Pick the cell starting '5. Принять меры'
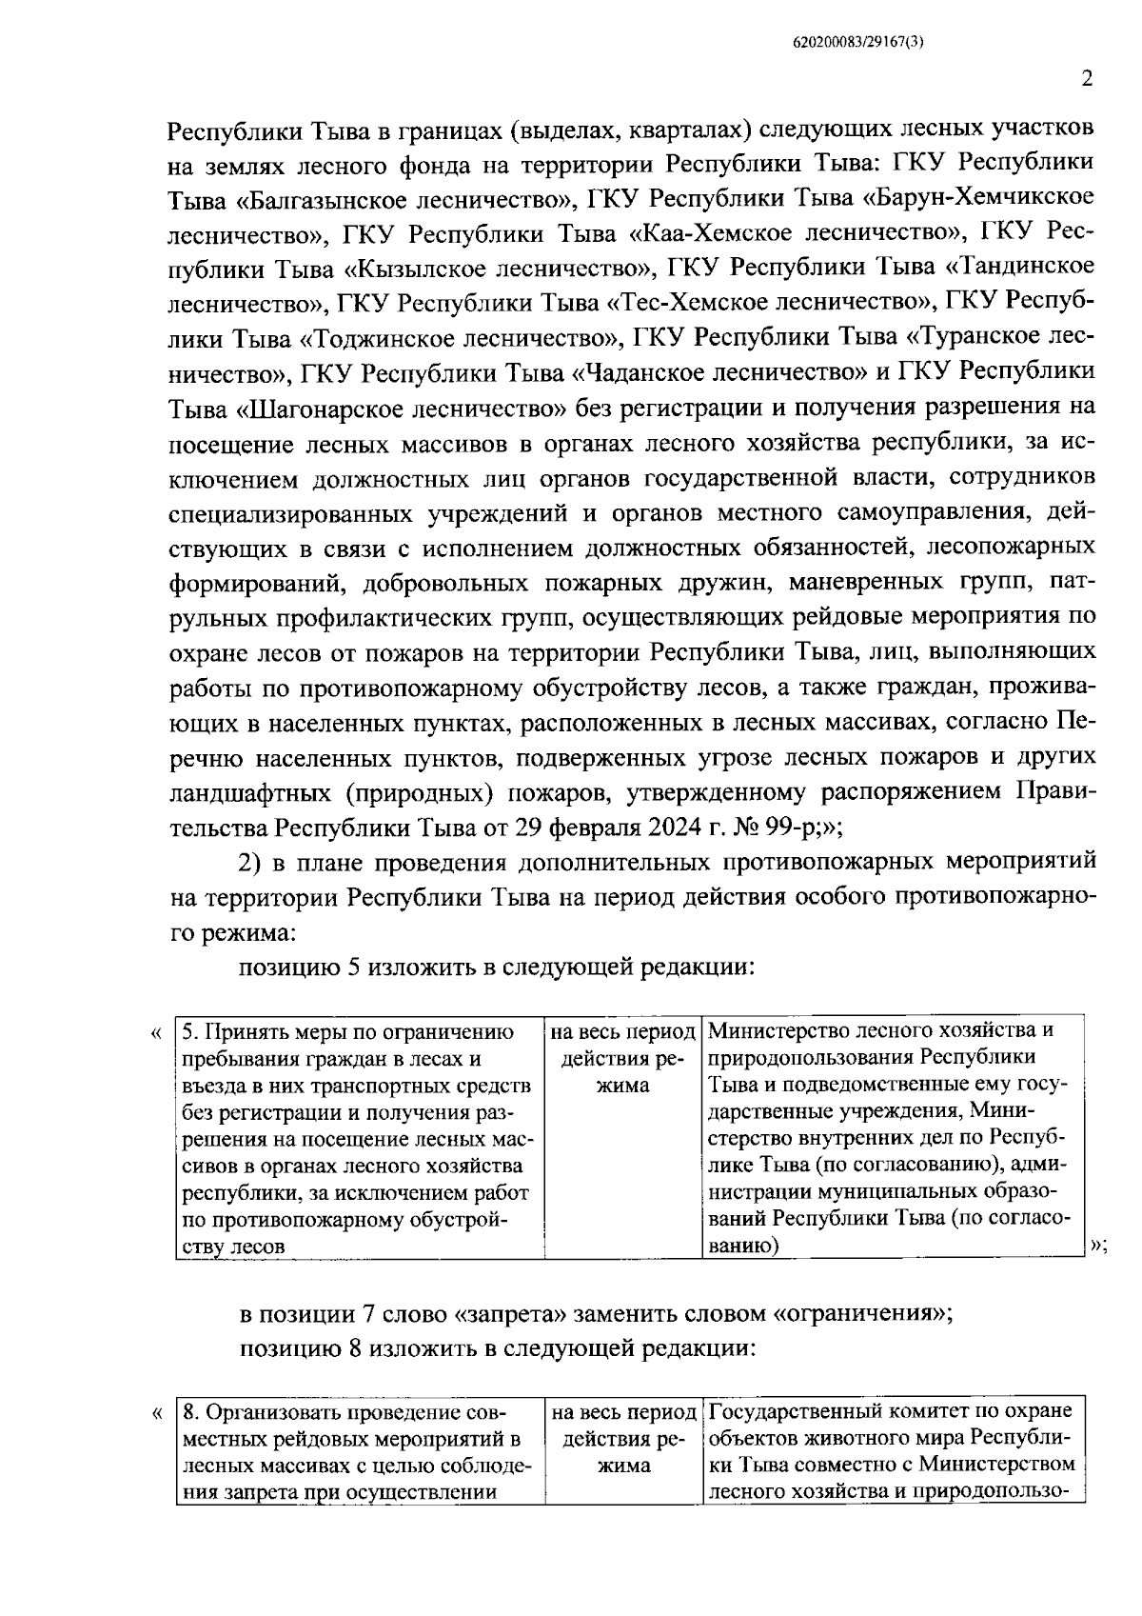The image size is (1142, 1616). tap(360, 1138)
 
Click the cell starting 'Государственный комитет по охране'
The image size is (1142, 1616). tap(894, 1449)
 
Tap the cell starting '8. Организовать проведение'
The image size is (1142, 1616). tap(360, 1449)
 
